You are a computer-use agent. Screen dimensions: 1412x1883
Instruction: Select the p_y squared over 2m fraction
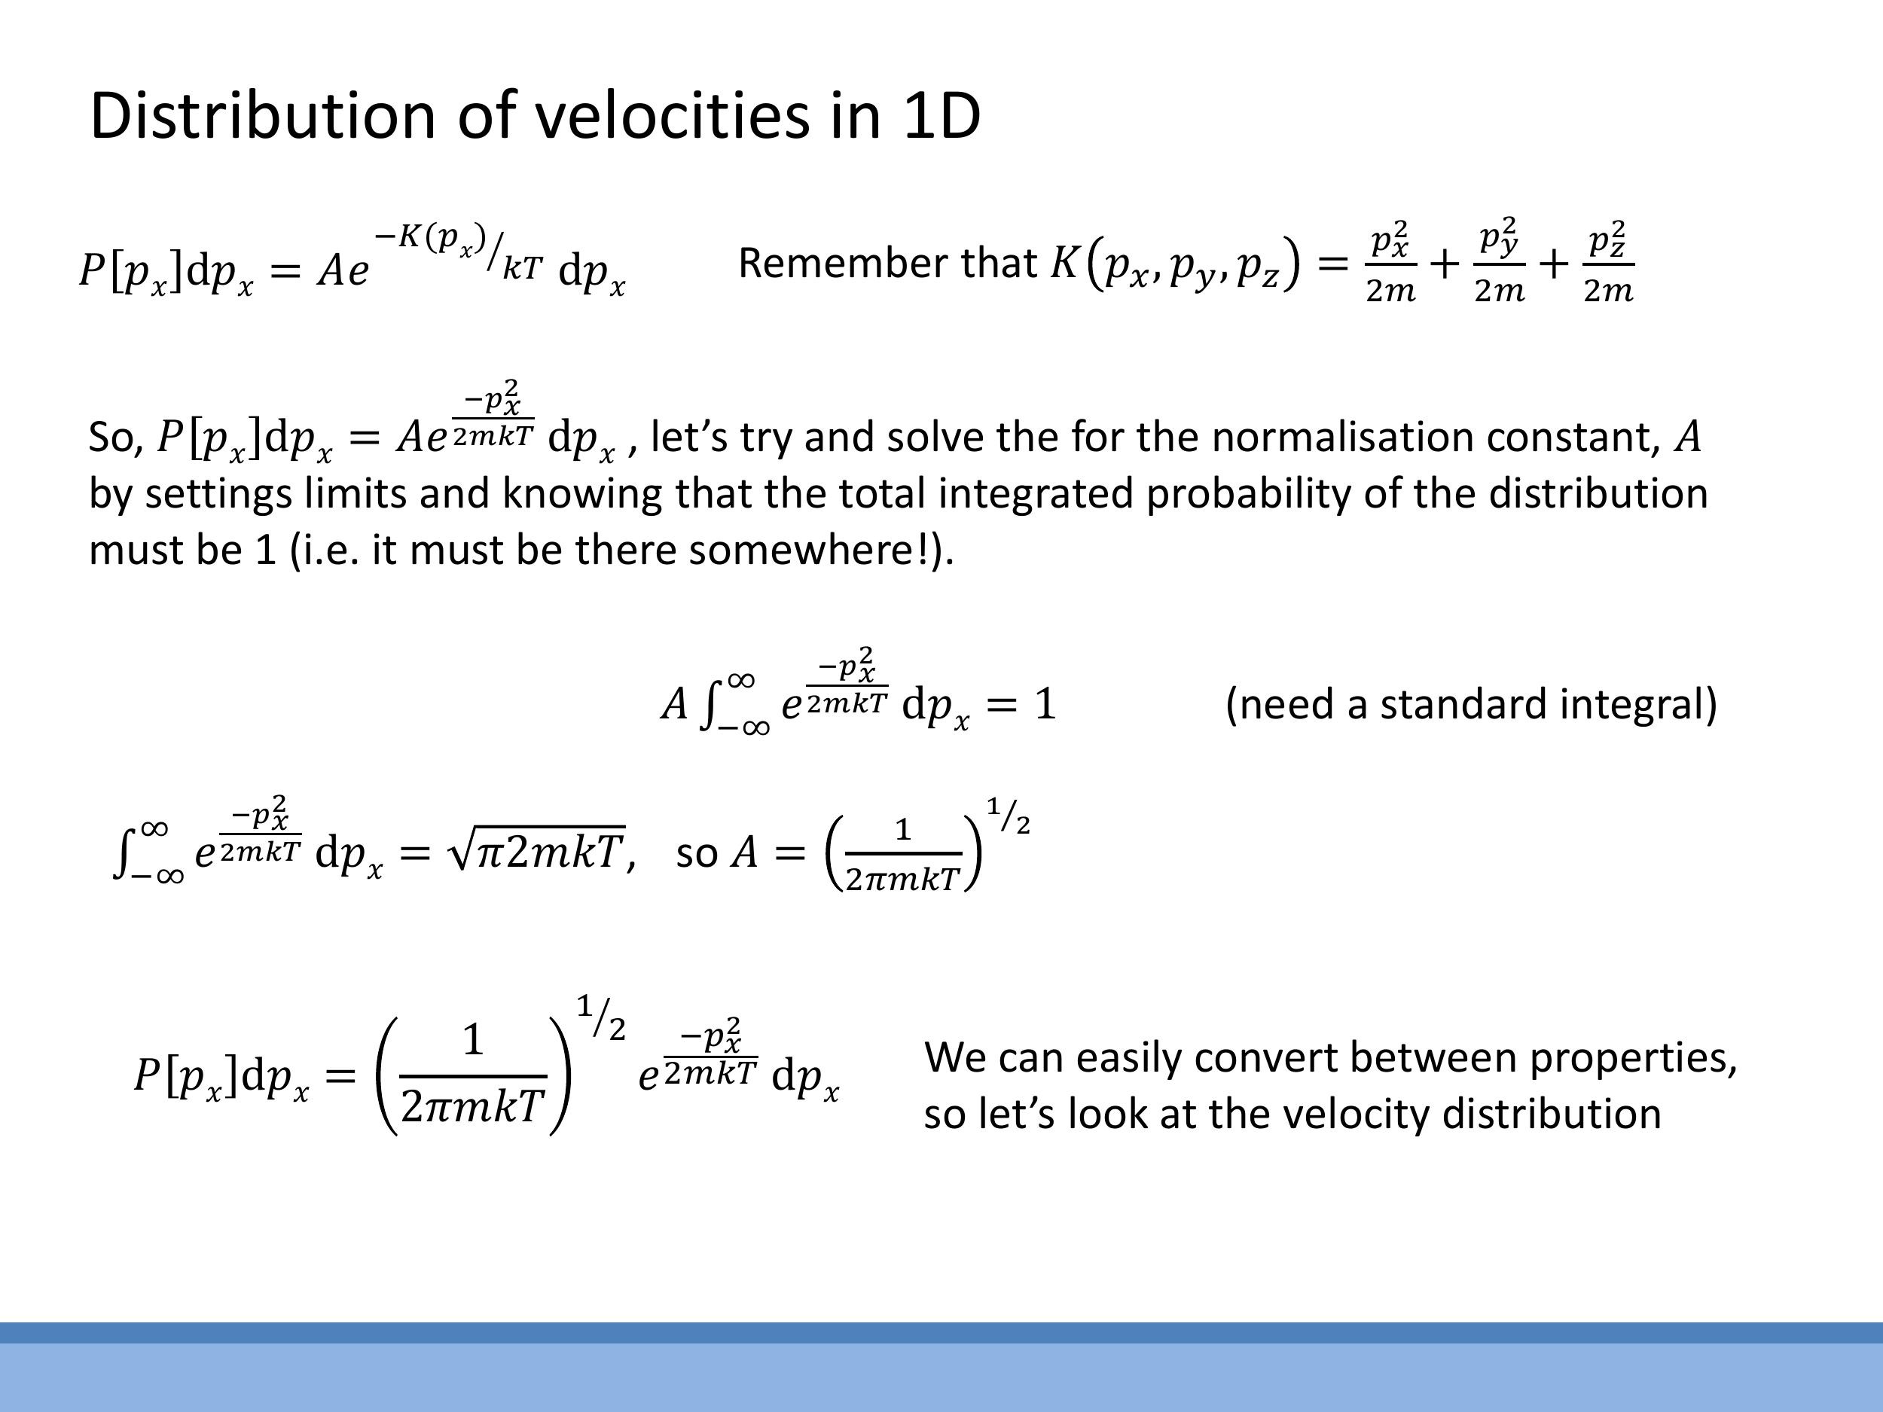click(x=1499, y=261)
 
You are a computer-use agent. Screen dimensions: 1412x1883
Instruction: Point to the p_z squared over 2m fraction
click(x=1608, y=261)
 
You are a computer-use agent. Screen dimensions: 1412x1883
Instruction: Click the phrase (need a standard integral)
click(x=1471, y=705)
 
